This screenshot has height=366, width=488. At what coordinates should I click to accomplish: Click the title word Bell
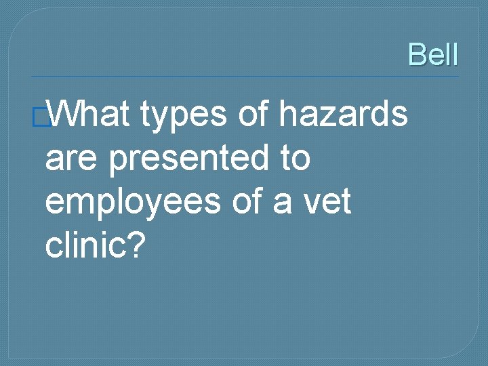click(433, 54)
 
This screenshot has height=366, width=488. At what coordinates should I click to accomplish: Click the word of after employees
click(249, 202)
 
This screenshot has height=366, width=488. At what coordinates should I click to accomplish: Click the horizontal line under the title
click(244, 76)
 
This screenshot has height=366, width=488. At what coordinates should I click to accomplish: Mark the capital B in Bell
click(417, 54)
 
